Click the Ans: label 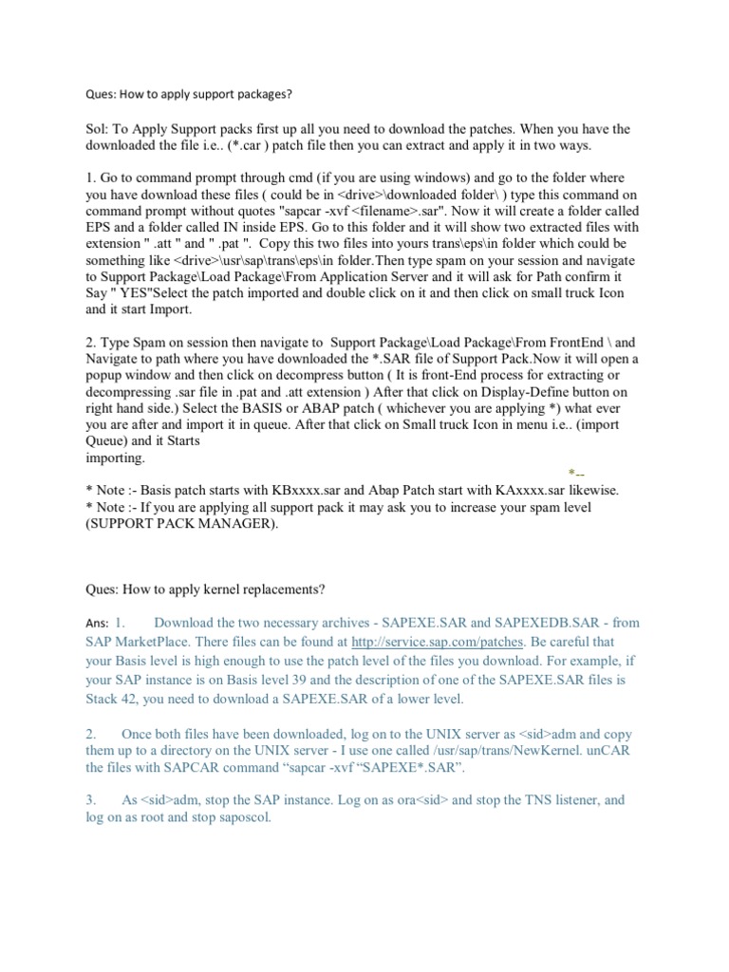(x=97, y=624)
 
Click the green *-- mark (x=576, y=473)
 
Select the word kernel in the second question (x=216, y=589)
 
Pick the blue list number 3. (x=91, y=800)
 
